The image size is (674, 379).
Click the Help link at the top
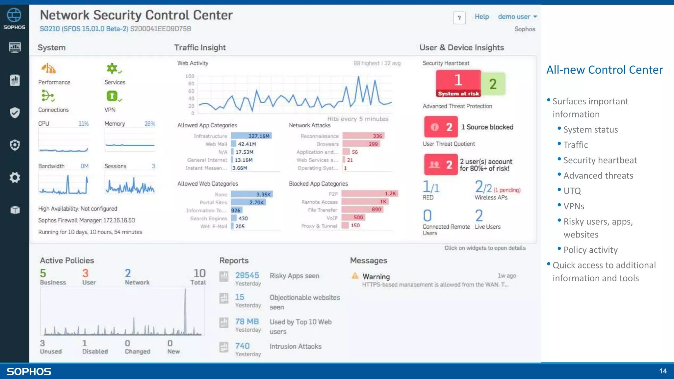pos(481,17)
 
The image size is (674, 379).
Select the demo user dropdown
pos(517,17)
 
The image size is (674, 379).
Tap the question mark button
pos(459,18)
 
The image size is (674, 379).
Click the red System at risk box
pos(458,84)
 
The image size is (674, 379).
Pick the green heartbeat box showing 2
pos(493,84)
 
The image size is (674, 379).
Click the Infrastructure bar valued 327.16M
pos(251,136)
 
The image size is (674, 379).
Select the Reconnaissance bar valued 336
pos(363,136)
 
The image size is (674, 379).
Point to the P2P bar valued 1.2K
pos(370,193)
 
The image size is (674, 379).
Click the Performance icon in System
pos(49,69)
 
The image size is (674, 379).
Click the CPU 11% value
pos(83,124)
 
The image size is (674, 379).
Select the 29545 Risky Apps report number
pos(247,275)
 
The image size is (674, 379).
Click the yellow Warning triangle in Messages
pos(355,276)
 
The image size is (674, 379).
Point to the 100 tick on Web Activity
pos(190,76)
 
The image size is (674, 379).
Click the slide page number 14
pos(662,371)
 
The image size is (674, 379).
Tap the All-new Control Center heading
pos(605,70)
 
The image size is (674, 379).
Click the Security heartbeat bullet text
pos(600,160)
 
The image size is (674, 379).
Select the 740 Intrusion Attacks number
pos(242,346)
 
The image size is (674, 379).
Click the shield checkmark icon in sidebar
pos(14,113)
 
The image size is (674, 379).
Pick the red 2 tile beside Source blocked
pos(441,127)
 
